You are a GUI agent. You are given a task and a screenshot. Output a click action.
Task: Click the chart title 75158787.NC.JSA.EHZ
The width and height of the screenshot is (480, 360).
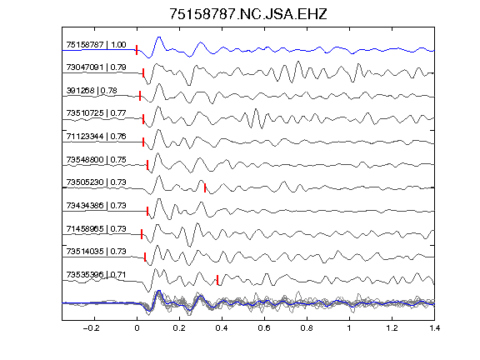pos(248,14)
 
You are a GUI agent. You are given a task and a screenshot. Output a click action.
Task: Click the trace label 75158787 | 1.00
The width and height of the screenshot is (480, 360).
pos(96,45)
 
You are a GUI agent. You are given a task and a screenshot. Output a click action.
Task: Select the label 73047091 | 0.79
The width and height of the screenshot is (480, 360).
pos(96,67)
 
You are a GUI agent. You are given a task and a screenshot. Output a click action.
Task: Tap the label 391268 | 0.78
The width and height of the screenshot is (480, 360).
pos(92,91)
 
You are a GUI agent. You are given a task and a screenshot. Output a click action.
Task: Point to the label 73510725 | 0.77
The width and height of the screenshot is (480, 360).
pos(96,113)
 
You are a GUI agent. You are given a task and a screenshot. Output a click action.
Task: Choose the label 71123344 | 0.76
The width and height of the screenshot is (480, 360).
pos(96,136)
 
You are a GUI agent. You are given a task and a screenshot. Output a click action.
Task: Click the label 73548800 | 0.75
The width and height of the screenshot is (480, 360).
pos(96,159)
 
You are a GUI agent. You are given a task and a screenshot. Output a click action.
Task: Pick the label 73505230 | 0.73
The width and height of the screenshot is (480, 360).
pos(96,182)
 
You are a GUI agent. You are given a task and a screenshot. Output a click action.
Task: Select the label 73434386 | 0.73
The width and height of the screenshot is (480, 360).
pos(96,205)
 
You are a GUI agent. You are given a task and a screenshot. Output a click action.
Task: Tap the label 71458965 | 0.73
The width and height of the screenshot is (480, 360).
pos(96,228)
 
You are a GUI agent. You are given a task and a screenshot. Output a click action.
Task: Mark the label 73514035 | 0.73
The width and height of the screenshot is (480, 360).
pos(96,252)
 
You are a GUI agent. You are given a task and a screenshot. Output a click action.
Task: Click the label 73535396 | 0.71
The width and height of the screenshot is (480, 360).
pos(96,275)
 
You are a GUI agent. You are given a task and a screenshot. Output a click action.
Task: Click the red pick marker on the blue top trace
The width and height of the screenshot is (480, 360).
pos(137,50)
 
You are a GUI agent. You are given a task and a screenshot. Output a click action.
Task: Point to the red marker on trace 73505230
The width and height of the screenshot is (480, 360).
pos(205,188)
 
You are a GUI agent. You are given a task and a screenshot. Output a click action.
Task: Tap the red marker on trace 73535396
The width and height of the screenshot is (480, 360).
pos(217,280)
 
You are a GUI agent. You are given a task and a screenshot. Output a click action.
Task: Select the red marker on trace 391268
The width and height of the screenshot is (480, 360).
pos(140,96)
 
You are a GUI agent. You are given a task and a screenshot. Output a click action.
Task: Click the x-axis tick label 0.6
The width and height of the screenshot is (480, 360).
pos(264,328)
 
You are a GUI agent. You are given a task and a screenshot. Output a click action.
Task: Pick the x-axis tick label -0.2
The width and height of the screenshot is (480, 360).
pos(91,328)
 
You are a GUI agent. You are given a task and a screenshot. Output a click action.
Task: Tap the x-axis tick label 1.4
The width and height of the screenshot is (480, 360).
pos(434,328)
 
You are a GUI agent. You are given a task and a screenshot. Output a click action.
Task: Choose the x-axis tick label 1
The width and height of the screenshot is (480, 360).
pos(349,328)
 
